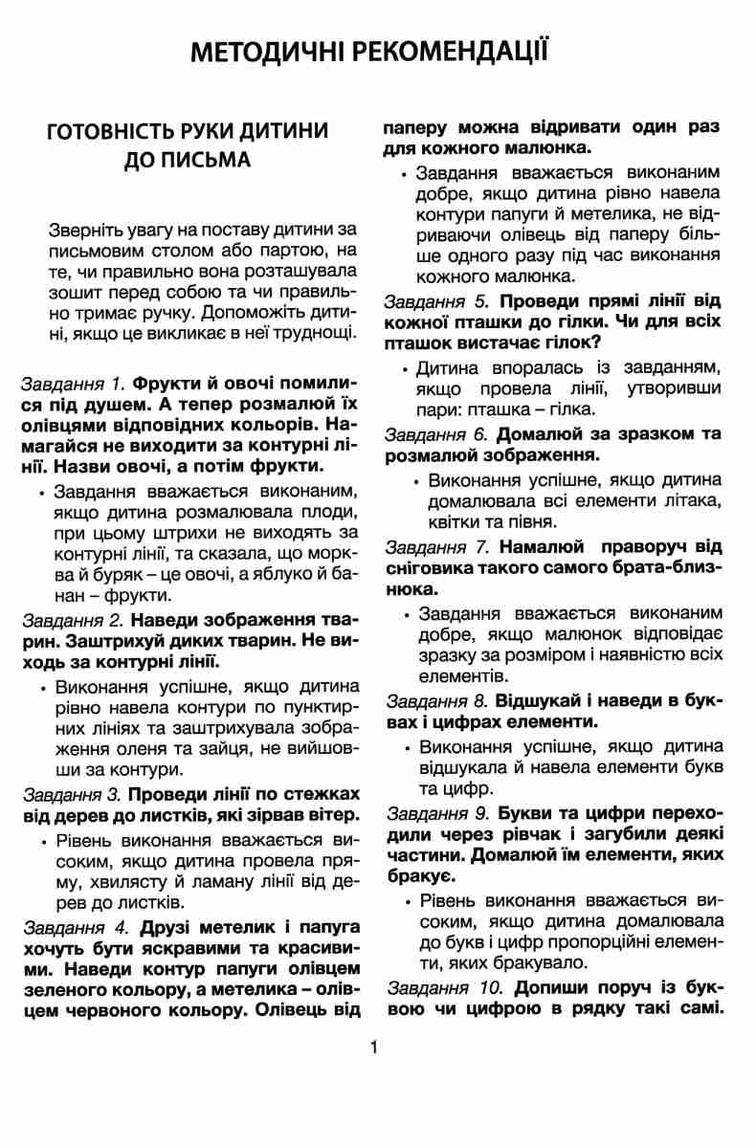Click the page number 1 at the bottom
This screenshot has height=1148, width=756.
pyautogui.click(x=374, y=1047)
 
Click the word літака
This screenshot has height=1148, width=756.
pyautogui.click(x=693, y=500)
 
